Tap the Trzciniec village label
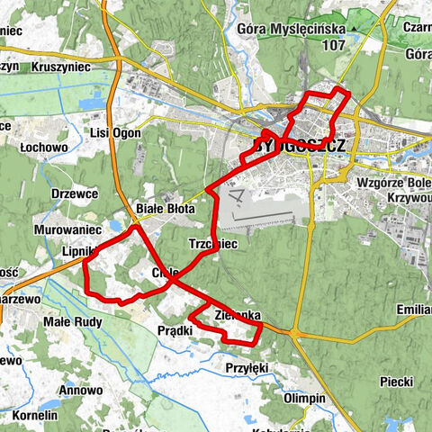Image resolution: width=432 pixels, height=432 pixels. tap(212, 244)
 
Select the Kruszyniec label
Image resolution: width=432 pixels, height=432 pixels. tap(58, 67)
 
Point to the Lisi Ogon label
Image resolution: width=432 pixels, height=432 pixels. tap(112, 132)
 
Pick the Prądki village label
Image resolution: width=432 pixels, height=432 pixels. tap(175, 331)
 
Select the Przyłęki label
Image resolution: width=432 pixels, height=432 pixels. tap(247, 367)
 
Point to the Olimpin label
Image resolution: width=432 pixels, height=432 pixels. tap(303, 398)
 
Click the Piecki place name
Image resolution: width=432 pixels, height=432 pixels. tap(395, 381)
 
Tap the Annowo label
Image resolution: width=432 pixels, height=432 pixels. tap(80, 391)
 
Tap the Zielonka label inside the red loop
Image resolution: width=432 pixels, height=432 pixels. tap(238, 315)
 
